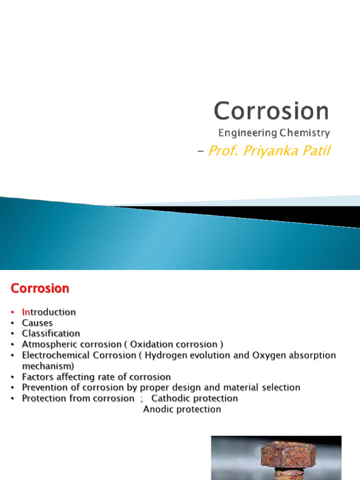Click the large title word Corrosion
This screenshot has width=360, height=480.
[x=271, y=111]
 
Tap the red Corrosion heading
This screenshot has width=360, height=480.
[x=40, y=288]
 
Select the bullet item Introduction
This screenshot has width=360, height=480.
[x=49, y=312]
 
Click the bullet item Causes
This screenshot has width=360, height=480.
[x=37, y=323]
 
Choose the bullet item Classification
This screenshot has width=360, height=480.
[x=51, y=333]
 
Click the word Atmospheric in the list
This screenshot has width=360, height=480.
[x=48, y=345]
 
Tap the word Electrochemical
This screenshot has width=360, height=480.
[x=56, y=355]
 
